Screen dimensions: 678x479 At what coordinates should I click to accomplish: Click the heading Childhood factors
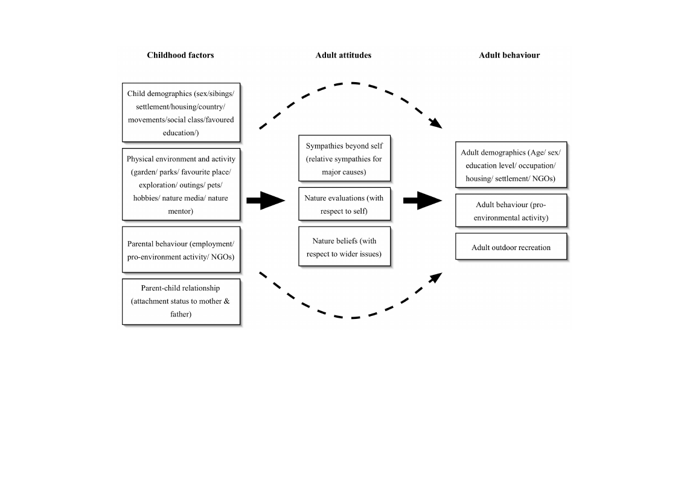[x=181, y=55]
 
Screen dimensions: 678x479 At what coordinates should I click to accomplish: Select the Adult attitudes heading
[x=344, y=55]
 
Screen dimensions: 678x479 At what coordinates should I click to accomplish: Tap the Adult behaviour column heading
[x=510, y=55]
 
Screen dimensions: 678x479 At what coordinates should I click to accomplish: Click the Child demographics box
[x=181, y=112]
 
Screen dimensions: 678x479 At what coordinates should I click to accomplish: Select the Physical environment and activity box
[x=181, y=184]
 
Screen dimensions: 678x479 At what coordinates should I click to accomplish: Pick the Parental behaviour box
[x=181, y=249]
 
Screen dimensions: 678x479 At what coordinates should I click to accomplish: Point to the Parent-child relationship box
[x=181, y=301]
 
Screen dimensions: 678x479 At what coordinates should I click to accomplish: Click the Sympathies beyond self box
[x=345, y=158]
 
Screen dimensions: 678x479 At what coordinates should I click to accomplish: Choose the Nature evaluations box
[x=345, y=204]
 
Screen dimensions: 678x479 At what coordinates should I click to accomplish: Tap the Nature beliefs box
[x=345, y=246]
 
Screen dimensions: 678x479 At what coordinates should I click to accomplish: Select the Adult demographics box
[x=511, y=165]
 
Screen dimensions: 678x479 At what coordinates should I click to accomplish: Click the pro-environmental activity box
[x=511, y=211]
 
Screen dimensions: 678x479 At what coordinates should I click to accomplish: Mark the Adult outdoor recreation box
[x=511, y=246]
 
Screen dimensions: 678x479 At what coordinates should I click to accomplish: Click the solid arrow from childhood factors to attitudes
[x=266, y=201]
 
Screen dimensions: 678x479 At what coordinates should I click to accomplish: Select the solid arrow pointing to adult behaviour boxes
[x=423, y=201]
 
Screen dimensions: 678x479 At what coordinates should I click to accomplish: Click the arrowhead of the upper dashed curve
[x=436, y=123]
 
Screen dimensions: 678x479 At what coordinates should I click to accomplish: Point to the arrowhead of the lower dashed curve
[x=436, y=277]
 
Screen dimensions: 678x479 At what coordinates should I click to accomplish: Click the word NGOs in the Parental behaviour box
[x=222, y=257]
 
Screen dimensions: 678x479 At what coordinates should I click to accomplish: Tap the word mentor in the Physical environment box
[x=181, y=211]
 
